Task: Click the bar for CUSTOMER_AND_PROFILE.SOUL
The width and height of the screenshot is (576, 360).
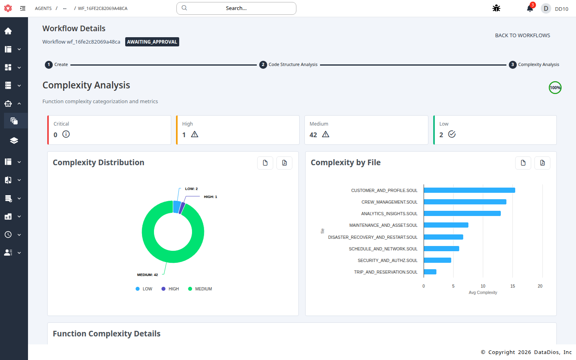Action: pyautogui.click(x=469, y=190)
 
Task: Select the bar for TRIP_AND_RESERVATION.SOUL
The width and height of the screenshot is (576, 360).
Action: pyautogui.click(x=430, y=272)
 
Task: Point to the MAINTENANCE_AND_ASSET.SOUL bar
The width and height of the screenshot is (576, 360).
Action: pyautogui.click(x=446, y=225)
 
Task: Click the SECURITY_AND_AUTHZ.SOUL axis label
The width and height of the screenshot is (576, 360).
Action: pyautogui.click(x=387, y=260)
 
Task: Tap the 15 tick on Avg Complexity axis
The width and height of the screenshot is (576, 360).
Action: pyautogui.click(x=512, y=286)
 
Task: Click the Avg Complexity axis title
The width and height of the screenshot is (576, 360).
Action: pyautogui.click(x=483, y=293)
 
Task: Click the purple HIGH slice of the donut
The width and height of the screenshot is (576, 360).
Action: pyautogui.click(x=182, y=208)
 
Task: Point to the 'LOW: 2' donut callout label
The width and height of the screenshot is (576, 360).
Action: pyautogui.click(x=191, y=189)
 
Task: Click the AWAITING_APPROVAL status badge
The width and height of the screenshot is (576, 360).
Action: pyautogui.click(x=152, y=42)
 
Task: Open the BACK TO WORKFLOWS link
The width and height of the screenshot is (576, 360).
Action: pyautogui.click(x=522, y=36)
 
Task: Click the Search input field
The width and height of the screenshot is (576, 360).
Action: pyautogui.click(x=236, y=8)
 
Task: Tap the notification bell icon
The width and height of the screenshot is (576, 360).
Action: pyautogui.click(x=530, y=8)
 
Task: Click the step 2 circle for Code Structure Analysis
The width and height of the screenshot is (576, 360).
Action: pyautogui.click(x=263, y=65)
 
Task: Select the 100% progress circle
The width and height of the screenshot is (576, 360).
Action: pyautogui.click(x=555, y=88)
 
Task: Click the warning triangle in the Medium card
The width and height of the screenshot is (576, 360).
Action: pyautogui.click(x=326, y=134)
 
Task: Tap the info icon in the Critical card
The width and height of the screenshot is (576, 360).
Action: pyautogui.click(x=66, y=134)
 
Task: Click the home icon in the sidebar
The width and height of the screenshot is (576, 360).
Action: pyautogui.click(x=8, y=31)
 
